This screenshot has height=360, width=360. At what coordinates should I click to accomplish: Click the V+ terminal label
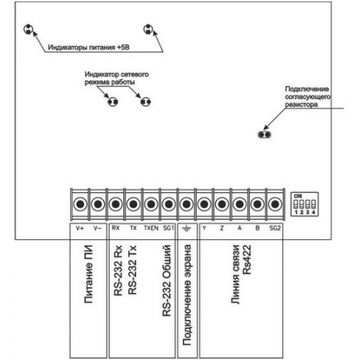tap(80, 228)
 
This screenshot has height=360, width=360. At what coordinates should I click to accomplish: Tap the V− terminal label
tap(98, 228)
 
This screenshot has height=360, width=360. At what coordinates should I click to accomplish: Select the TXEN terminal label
tap(151, 228)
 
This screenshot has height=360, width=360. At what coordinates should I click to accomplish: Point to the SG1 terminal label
tap(169, 228)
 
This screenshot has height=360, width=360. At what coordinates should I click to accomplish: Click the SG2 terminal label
tap(275, 228)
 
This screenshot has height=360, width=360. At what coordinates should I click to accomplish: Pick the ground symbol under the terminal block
tap(186, 228)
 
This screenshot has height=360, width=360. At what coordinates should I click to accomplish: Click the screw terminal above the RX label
tap(115, 204)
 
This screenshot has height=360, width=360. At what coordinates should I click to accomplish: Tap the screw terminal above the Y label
tap(204, 204)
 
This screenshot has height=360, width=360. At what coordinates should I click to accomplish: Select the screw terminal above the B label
tap(258, 204)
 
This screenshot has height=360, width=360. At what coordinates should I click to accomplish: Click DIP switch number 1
tap(296, 205)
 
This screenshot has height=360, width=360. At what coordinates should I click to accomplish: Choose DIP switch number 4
tap(314, 205)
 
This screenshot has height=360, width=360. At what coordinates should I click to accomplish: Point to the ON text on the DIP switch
tap(298, 196)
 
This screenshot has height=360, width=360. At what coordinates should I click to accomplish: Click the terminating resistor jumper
tap(265, 134)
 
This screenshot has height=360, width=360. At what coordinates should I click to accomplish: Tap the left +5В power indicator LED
tap(28, 29)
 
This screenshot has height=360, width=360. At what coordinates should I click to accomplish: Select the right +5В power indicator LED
tap(148, 29)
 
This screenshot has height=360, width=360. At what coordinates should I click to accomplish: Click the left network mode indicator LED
tap(113, 102)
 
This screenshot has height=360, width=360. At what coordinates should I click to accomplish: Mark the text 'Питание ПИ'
tap(88, 274)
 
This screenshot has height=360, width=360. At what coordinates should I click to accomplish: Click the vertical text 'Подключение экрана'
tap(187, 295)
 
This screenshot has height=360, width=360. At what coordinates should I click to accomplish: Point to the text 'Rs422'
tap(247, 260)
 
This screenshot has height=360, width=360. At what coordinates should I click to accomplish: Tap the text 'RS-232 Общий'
tap(166, 281)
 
